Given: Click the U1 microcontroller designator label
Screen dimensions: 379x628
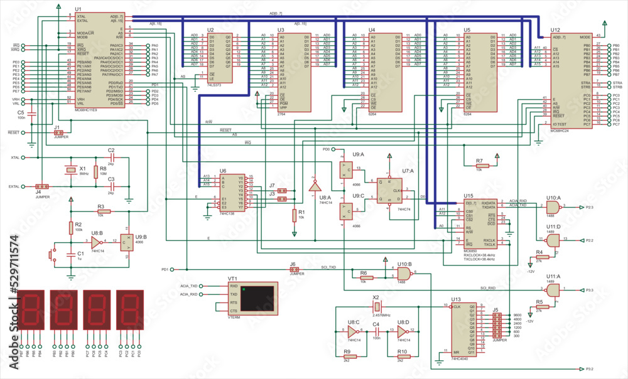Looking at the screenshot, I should (x=78, y=9).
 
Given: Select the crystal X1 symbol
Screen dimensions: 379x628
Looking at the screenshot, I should (x=69, y=170).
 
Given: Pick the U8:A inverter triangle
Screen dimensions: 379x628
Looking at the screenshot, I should (x=315, y=188).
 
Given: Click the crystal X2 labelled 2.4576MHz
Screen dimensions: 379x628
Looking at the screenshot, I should (x=376, y=306).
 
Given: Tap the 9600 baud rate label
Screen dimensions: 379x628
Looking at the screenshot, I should (x=517, y=314).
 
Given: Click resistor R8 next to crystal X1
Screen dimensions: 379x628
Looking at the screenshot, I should (x=95, y=171).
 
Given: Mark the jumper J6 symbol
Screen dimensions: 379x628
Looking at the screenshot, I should (x=293, y=270).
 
